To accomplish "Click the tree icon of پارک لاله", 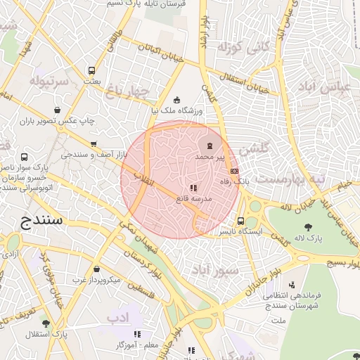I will [308, 226].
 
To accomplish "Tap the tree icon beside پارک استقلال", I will [46, 323].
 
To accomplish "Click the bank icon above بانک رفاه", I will [234, 171].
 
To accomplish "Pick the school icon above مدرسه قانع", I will [193, 188].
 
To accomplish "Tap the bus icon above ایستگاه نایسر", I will [241, 220].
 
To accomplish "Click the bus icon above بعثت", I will [91, 70].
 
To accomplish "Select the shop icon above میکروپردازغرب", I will [96, 269].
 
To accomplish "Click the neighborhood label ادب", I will [118, 318].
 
